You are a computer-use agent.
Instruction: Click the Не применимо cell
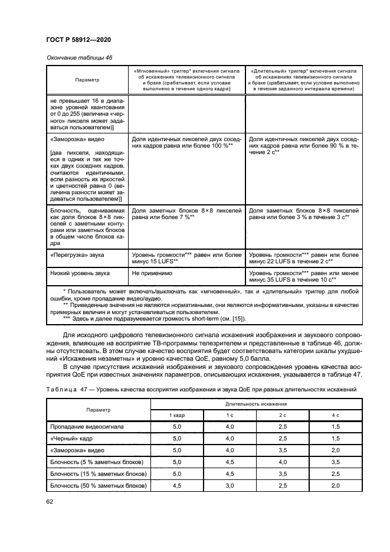click(148, 274)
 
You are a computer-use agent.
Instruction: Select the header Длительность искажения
click(255, 404)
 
